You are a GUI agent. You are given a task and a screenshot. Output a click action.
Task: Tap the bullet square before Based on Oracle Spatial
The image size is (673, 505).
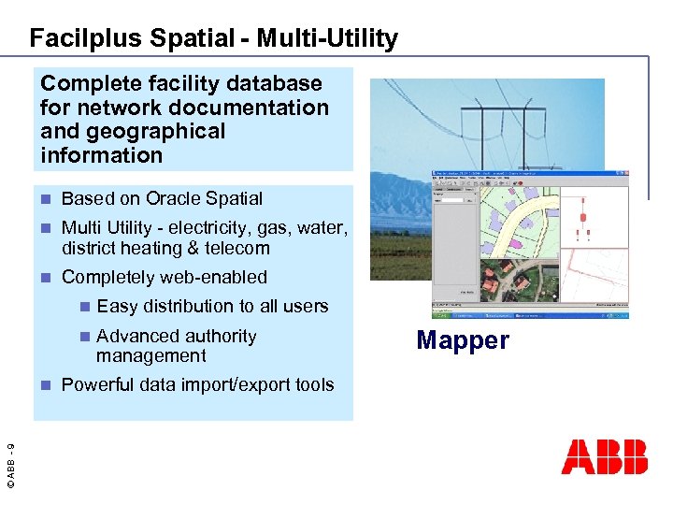tap(48, 199)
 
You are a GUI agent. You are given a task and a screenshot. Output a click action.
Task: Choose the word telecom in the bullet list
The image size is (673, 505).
tap(239, 248)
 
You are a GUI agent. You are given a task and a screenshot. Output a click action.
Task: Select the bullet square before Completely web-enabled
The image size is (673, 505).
tap(48, 278)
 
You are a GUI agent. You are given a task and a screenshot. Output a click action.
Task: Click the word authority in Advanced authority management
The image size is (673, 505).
tap(221, 336)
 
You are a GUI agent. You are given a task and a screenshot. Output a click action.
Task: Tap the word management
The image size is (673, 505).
tap(150, 355)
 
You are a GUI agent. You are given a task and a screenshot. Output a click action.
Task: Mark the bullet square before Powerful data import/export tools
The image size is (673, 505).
tap(48, 385)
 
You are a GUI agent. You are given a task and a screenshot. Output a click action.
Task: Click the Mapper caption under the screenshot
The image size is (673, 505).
tap(463, 340)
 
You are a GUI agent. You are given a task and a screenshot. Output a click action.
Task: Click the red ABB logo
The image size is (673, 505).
tap(604, 456)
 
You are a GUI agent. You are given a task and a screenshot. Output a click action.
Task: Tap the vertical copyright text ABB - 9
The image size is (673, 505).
tap(10, 457)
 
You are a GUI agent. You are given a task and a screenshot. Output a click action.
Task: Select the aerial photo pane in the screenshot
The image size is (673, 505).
tap(514, 281)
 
